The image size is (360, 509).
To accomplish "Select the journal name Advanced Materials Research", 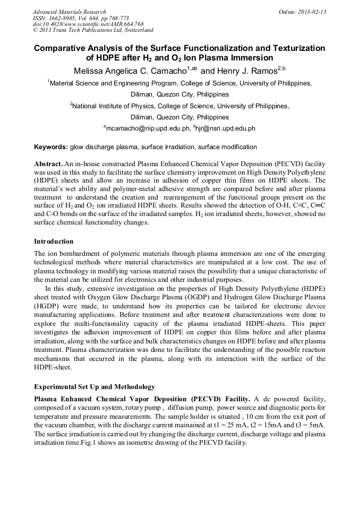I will (69, 12).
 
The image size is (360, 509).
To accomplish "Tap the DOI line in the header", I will (88, 24).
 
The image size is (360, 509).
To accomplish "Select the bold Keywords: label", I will (51, 147).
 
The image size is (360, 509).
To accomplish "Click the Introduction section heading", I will (54, 241).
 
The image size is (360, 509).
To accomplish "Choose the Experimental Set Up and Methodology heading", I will (95, 386).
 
